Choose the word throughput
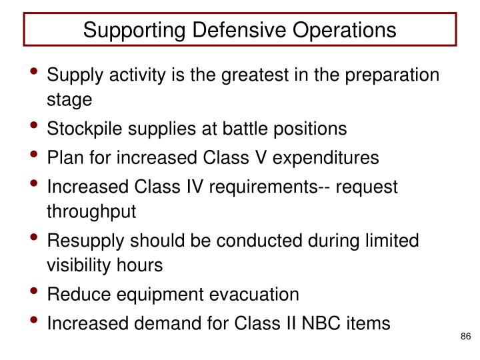tap(91, 212)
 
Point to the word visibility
tap(80, 266)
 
